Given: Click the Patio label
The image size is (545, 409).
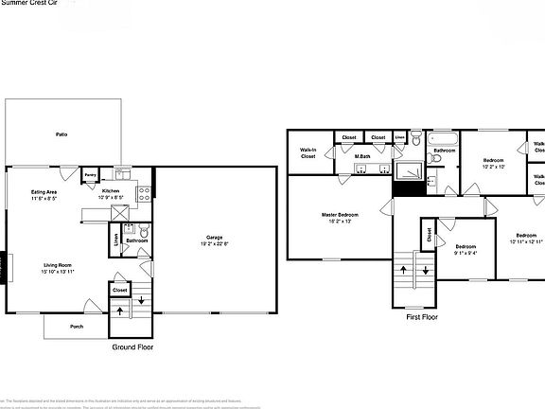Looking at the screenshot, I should (x=61, y=134).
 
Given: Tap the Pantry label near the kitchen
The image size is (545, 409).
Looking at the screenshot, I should (x=90, y=175).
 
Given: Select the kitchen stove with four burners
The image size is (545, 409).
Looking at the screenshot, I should (x=145, y=194).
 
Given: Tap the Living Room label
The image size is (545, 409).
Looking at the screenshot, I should (x=58, y=266).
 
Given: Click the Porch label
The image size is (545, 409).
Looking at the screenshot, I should (x=76, y=327).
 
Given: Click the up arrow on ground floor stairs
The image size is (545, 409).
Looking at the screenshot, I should (x=120, y=310).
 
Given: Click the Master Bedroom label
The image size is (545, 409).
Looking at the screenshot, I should (x=339, y=216).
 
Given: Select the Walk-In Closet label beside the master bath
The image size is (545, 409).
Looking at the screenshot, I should (x=308, y=152).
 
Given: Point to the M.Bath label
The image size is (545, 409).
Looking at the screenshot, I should (x=361, y=156).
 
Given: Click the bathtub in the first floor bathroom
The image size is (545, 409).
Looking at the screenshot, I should (x=442, y=138).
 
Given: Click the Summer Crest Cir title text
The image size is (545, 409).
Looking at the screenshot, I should (x=28, y=4).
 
